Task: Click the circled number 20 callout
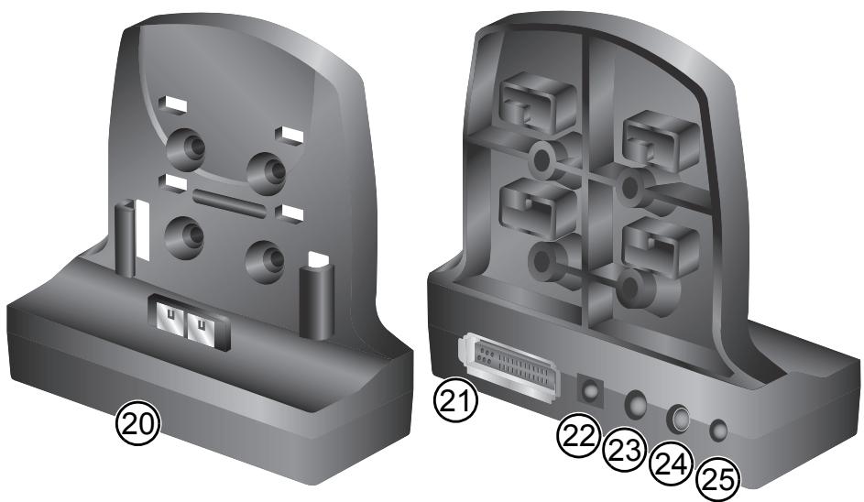click(137, 424)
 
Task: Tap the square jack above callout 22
click(590, 391)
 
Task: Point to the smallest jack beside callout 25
click(721, 429)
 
